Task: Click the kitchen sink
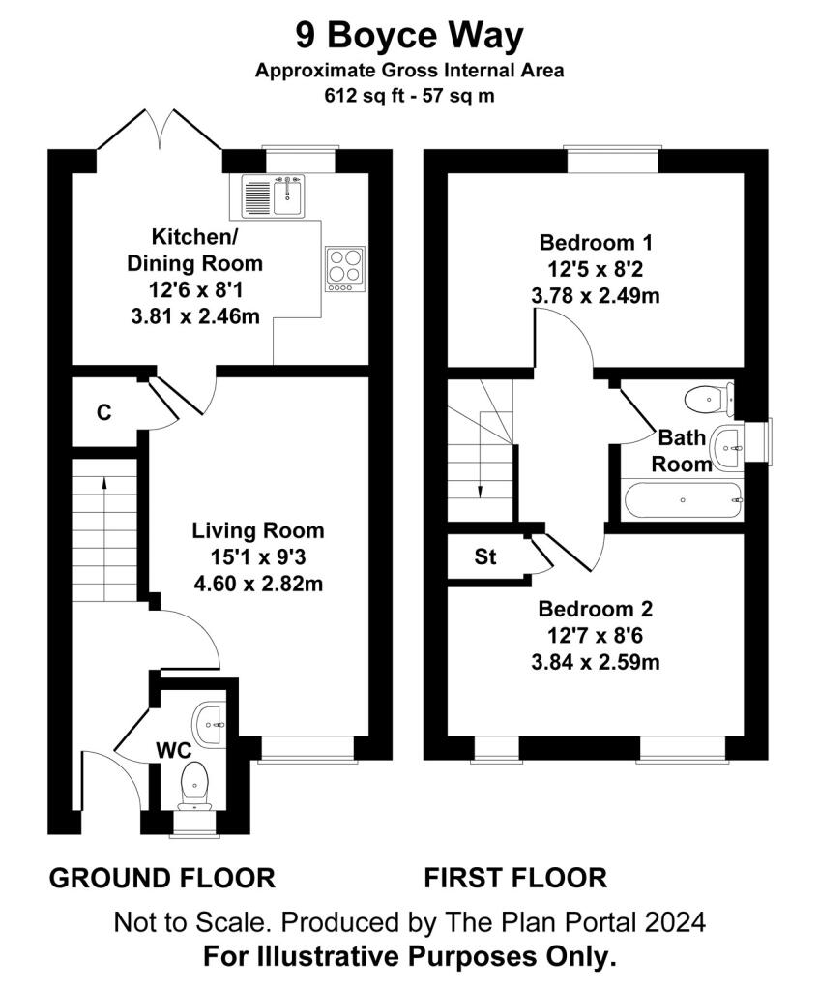pos(273,195)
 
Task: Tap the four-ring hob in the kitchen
pos(345,269)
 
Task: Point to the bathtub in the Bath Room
pos(684,500)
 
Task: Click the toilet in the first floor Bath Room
pos(709,399)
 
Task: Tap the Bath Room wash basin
pos(727,448)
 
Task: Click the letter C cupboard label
pos(104,412)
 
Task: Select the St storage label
pos(485,556)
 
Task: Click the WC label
pos(174,751)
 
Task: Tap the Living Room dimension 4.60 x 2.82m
pos(258,583)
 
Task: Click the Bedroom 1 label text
pos(596,242)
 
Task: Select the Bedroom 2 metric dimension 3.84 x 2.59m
pos(596,662)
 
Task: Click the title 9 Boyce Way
pos(410,36)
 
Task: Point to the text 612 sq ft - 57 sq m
pos(409,96)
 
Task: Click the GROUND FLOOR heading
pos(162,879)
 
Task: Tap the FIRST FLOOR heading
pos(515,879)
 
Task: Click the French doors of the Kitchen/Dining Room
pos(160,130)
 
